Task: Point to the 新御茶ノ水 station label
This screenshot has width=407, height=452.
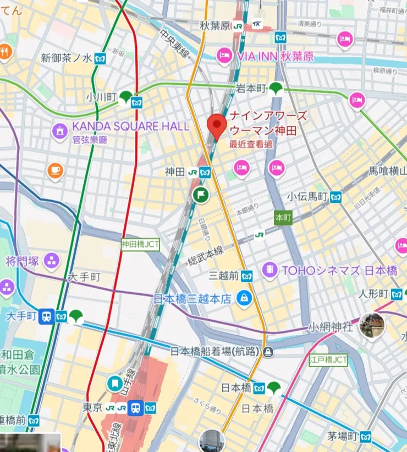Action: click(67, 58)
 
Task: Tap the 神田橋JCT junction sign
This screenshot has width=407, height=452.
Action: click(140, 243)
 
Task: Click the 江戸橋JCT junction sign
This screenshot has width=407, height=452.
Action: click(328, 360)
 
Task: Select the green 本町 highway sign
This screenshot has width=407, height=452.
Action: click(283, 217)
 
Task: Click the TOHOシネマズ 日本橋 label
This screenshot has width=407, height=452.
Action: click(339, 271)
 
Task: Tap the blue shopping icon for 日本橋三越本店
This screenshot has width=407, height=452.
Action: click(244, 299)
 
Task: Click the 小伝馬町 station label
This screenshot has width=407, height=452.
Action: click(307, 197)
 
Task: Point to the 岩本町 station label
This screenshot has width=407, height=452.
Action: click(251, 88)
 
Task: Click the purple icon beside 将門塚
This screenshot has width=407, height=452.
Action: click(52, 260)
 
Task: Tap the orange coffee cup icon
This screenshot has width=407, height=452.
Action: click(55, 171)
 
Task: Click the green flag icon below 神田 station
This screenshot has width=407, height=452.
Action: click(200, 194)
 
